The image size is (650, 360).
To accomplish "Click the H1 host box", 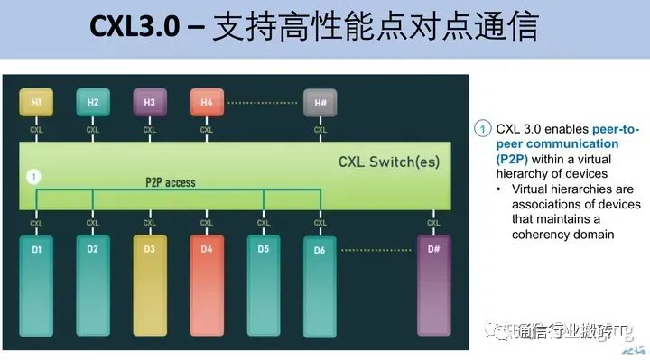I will pos(36,103).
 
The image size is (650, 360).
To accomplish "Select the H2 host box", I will pos(92,103).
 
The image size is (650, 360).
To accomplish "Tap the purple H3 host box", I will pos(149,103).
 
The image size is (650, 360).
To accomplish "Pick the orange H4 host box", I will pos(207,103).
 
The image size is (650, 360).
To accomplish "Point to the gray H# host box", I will pos(320,103).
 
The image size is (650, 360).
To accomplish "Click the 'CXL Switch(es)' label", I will pos(391,162).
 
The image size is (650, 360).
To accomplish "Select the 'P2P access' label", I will pos(170,182).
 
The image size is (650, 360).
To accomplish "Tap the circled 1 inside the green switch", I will pos(34,177).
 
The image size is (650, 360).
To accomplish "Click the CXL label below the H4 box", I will pos(207,129).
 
